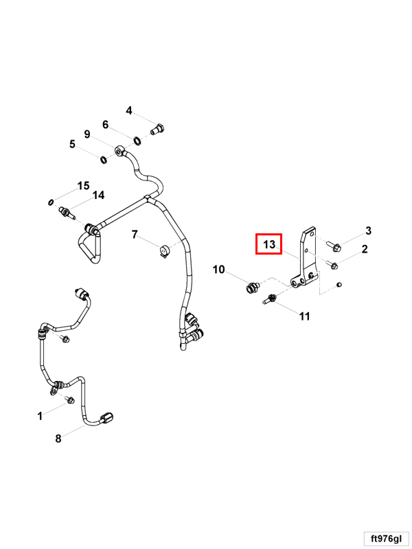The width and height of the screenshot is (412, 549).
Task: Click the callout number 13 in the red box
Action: click(268, 244)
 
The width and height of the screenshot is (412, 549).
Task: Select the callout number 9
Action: click(87, 133)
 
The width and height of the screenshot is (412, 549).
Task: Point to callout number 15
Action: click(83, 186)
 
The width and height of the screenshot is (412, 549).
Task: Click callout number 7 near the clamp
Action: click(135, 234)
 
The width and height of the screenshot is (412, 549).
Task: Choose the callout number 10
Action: click(218, 270)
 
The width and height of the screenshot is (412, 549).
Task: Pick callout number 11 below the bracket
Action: click(304, 316)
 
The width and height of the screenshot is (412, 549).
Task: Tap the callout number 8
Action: click(58, 438)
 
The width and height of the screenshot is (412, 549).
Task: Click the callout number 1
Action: click(40, 415)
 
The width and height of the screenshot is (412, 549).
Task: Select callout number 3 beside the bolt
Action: click(368, 231)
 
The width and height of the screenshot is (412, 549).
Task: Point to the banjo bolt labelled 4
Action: click(158, 128)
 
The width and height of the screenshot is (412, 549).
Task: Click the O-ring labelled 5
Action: click(103, 160)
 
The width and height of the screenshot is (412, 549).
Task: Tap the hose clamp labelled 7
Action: click(164, 252)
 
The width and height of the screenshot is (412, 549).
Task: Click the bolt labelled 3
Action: click(333, 244)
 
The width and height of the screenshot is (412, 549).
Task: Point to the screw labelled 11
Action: click(270, 299)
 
